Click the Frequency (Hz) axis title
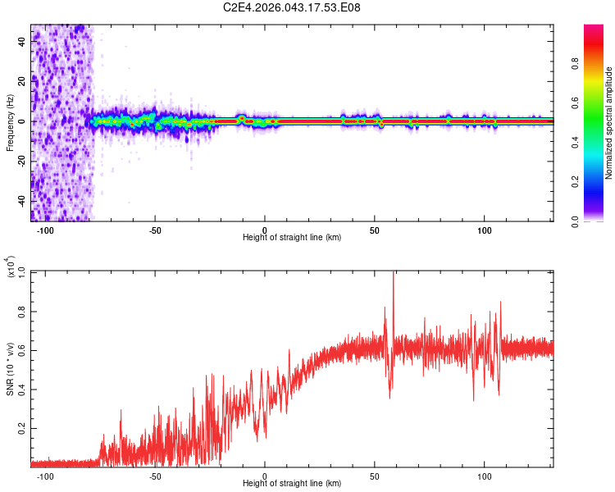pyautogui.click(x=10, y=122)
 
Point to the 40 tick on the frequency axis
pyautogui.click(x=22, y=42)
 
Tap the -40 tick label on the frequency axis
pyautogui.click(x=22, y=200)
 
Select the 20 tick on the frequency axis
pyautogui.click(x=22, y=81)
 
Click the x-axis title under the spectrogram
pyautogui.click(x=292, y=237)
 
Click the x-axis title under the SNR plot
pyautogui.click(x=292, y=483)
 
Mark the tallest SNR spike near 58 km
pyautogui.click(x=394, y=274)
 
